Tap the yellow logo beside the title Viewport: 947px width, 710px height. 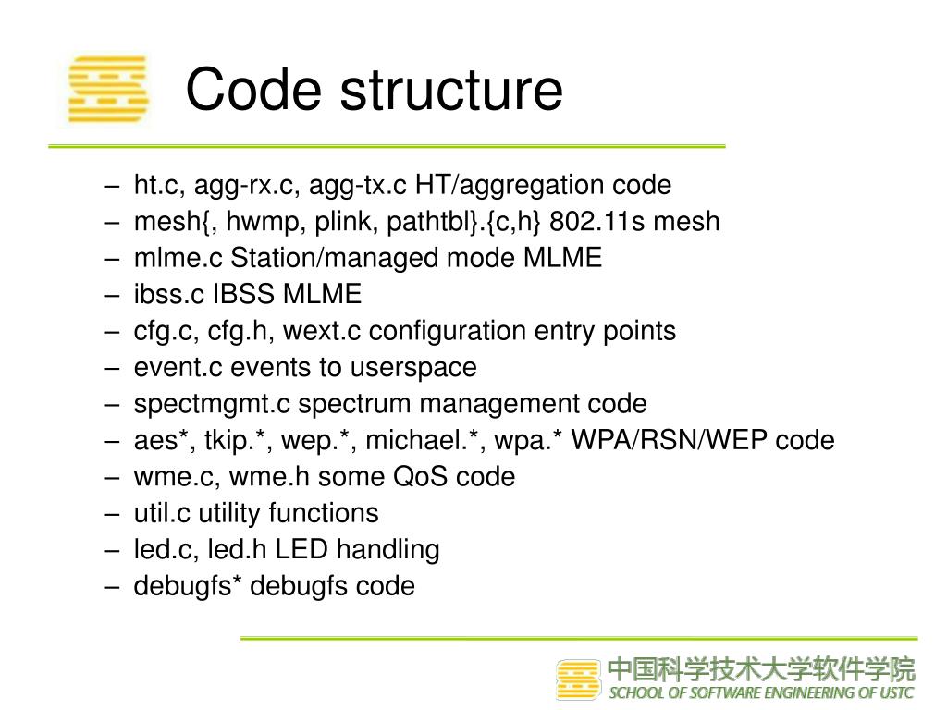(108, 89)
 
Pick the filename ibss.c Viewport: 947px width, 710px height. (170, 295)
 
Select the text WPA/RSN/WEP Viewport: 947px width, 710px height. (670, 440)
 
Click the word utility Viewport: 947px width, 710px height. (230, 513)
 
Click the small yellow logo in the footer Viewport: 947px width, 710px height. (578, 679)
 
